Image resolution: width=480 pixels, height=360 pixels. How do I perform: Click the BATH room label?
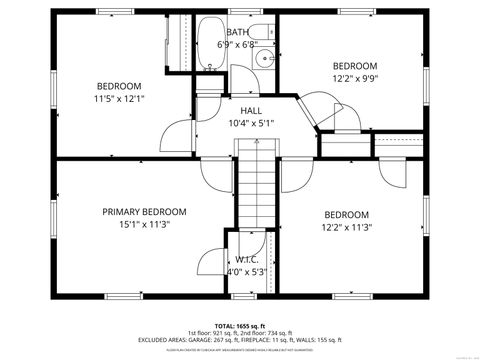[238, 32]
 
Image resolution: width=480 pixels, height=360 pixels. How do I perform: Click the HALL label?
[251, 110]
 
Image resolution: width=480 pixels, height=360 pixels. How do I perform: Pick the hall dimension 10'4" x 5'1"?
[251, 123]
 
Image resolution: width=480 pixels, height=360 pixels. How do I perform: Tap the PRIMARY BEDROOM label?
[144, 211]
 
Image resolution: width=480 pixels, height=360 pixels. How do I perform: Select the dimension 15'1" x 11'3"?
[144, 224]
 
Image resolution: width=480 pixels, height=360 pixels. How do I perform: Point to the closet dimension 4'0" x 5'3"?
[247, 271]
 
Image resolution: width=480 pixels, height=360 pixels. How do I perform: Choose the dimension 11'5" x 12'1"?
[119, 99]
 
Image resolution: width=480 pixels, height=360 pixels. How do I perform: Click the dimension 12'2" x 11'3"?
[346, 227]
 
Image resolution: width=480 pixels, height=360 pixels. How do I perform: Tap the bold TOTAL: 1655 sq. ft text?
[240, 326]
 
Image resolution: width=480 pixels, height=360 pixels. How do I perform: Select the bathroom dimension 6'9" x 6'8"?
[238, 44]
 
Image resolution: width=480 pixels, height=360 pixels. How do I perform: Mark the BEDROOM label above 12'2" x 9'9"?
[354, 65]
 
